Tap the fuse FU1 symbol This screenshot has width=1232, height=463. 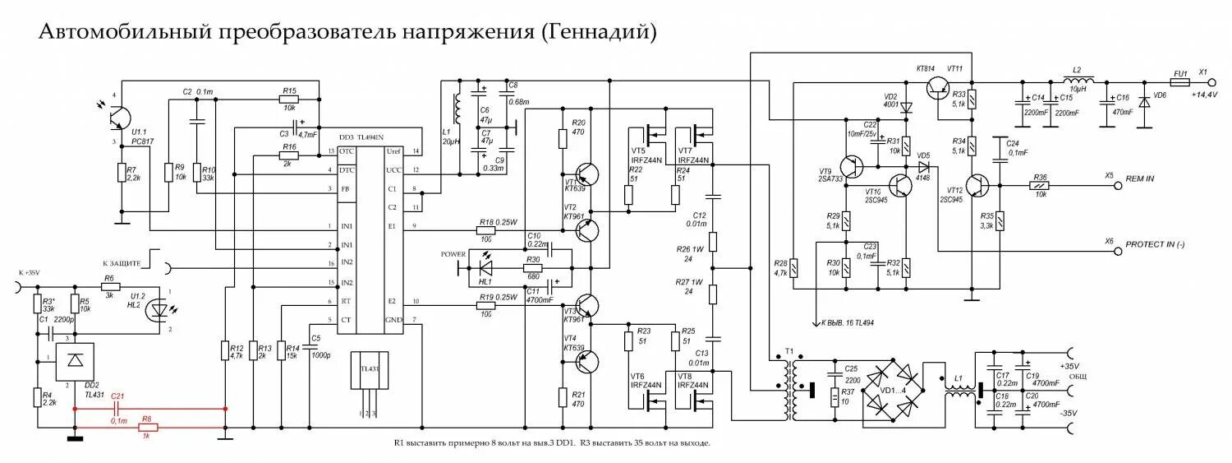tap(1180, 82)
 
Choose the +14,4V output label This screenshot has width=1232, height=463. tap(1205, 95)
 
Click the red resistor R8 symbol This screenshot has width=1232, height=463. tap(146, 428)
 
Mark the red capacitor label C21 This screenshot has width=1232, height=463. tap(117, 397)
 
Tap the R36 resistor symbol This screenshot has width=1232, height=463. tap(1041, 186)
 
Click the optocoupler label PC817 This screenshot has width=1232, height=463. tap(142, 141)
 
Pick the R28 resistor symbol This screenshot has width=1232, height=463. tap(794, 266)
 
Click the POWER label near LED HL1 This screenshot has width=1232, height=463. tap(453, 253)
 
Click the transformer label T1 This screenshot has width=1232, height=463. tap(789, 351)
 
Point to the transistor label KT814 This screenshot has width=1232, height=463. tap(926, 67)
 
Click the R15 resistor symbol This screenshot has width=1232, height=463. tap(289, 99)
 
